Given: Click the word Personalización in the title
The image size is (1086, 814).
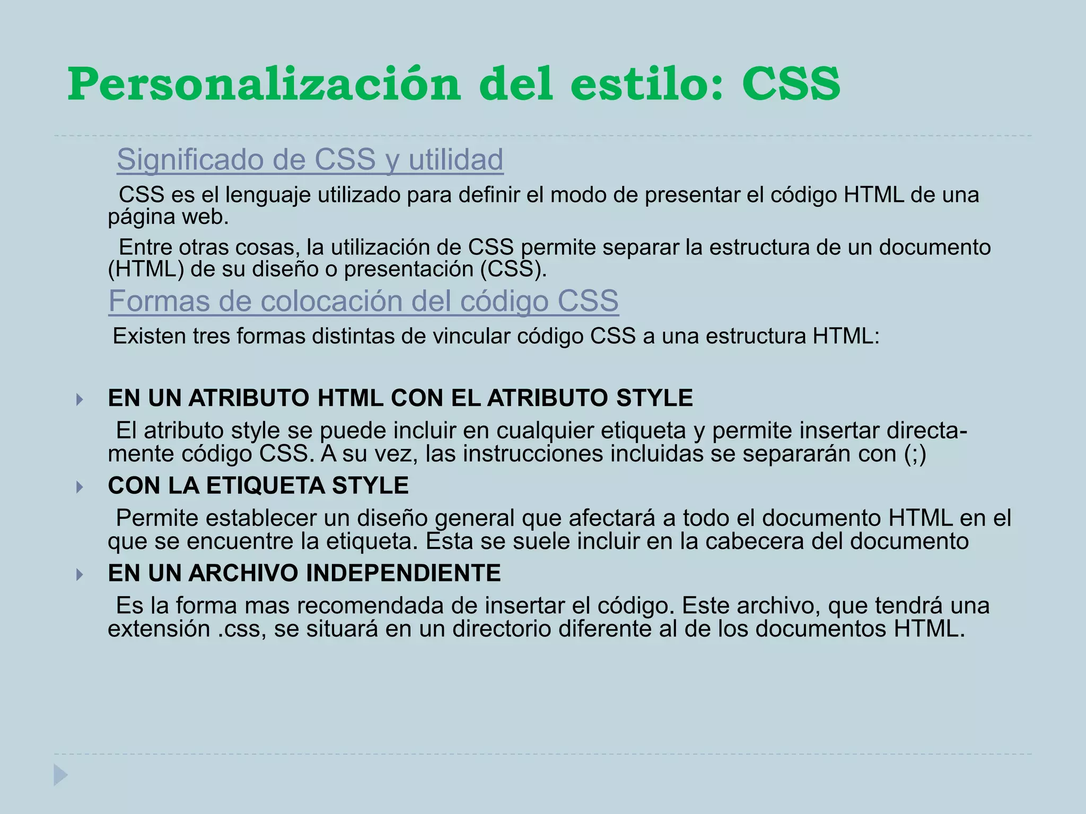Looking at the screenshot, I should tap(264, 85).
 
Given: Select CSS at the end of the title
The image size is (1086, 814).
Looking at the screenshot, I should tap(791, 85).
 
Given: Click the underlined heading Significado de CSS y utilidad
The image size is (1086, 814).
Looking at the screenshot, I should tap(310, 160).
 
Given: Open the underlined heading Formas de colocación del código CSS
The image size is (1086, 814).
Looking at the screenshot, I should tap(363, 301).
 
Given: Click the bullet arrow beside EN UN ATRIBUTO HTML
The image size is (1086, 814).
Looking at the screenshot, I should tap(80, 399).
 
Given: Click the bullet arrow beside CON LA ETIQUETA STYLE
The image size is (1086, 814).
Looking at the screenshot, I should tap(80, 486).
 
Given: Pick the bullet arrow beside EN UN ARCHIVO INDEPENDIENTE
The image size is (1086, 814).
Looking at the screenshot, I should tap(80, 574).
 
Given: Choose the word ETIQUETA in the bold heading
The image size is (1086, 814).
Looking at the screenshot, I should tap(262, 486).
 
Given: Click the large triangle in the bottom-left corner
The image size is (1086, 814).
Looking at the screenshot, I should tap(60, 775).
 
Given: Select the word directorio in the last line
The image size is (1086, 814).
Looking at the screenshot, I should tap(501, 629).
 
